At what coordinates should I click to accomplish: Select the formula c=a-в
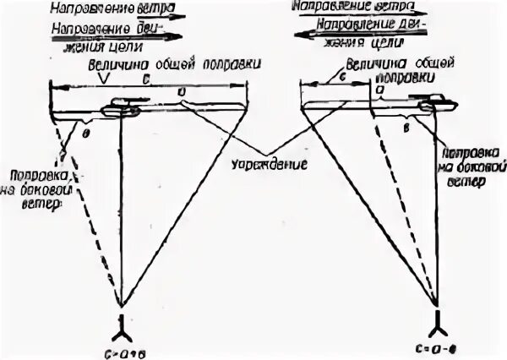pos(439,346)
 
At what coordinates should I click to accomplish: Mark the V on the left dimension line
pos(101,78)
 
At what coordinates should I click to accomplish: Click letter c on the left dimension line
pos(147,78)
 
